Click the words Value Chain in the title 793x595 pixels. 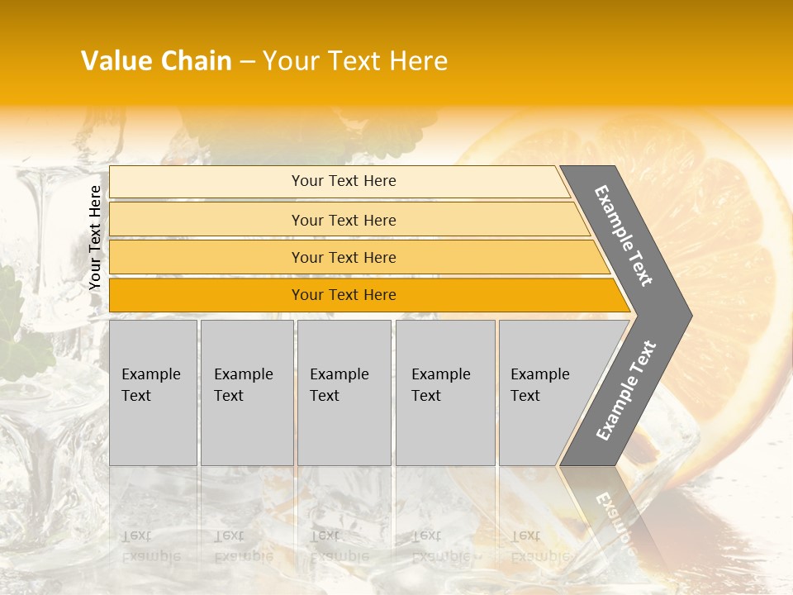(156, 61)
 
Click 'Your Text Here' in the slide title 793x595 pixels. (355, 61)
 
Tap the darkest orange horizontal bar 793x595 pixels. (207, 295)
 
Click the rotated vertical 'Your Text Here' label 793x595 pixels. (95, 237)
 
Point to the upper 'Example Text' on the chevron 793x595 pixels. (624, 236)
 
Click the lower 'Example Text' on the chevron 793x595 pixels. (625, 391)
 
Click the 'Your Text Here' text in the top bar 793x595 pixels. (344, 181)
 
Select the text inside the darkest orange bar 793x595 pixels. (344, 295)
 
